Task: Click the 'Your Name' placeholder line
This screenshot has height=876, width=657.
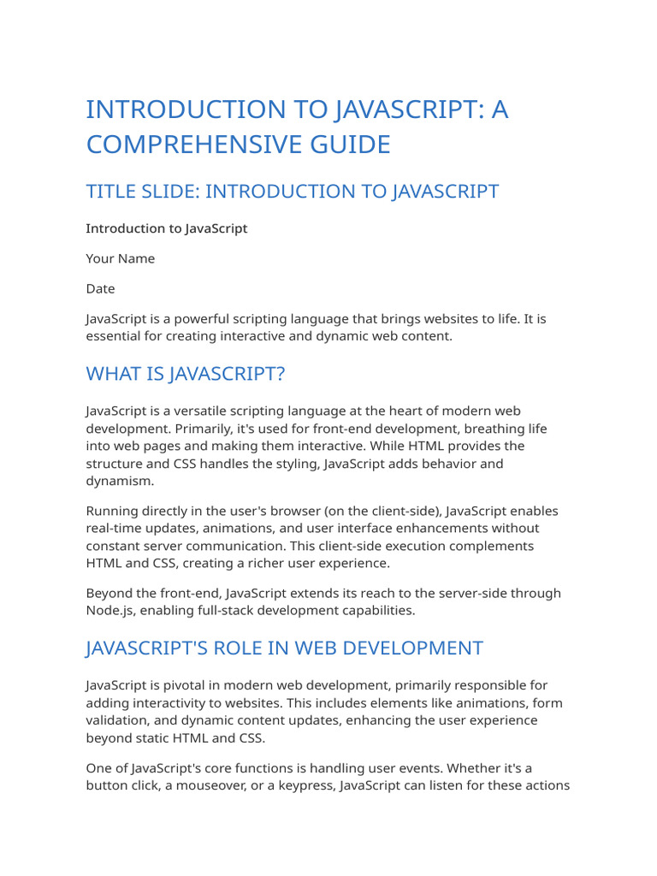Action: [x=121, y=258]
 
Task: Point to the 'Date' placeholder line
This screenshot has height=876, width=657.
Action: [x=100, y=289]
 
